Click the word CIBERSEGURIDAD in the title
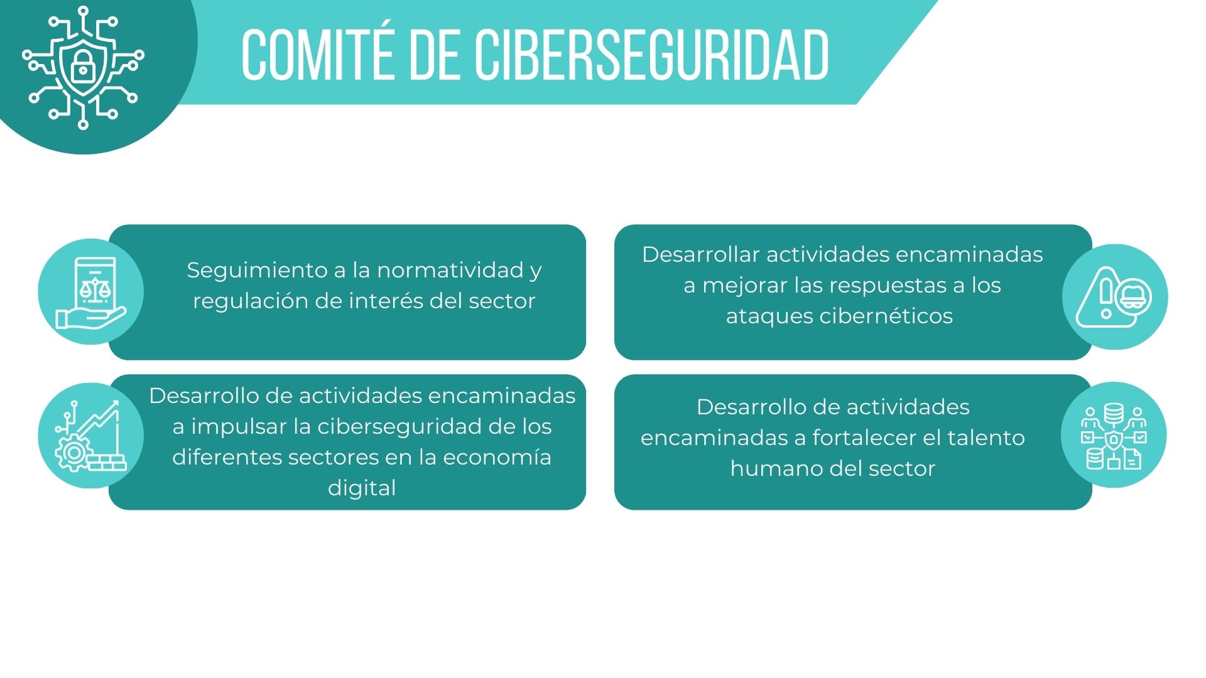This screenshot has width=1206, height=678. [x=651, y=55]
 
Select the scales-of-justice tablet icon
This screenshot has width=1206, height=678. [x=92, y=293]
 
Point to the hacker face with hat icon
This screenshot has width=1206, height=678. [x=1133, y=298]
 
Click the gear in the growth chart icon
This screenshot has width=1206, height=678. [x=74, y=452]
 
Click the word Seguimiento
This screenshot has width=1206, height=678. [x=258, y=271]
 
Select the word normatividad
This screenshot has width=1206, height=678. [x=450, y=270]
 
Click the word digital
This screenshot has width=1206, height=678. [x=362, y=488]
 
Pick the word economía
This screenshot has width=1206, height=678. [x=497, y=457]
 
